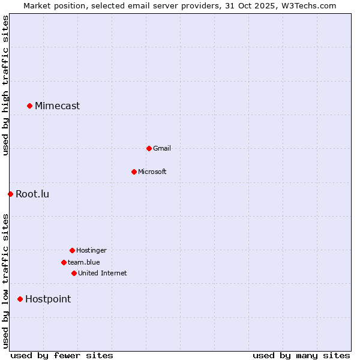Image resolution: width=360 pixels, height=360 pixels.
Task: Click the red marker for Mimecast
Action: pyautogui.click(x=29, y=106)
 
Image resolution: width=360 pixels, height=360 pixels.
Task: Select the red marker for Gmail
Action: pyautogui.click(x=149, y=148)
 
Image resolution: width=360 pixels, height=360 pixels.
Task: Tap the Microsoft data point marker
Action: pyautogui.click(x=134, y=172)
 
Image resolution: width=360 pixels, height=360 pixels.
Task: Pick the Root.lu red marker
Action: pyautogui.click(x=10, y=194)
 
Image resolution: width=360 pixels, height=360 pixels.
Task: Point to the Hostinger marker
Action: pyautogui.click(x=72, y=250)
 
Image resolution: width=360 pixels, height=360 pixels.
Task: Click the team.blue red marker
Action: pyautogui.click(x=64, y=262)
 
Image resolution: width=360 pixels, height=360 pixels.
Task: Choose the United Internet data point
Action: pyautogui.click(x=74, y=273)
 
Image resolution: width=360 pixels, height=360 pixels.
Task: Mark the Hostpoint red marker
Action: pyautogui.click(x=20, y=299)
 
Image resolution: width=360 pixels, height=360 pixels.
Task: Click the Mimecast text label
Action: pyautogui.click(x=57, y=106)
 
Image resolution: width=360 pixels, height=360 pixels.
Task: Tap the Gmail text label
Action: pyautogui.click(x=162, y=148)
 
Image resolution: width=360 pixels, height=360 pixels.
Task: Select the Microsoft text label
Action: pyautogui.click(x=152, y=172)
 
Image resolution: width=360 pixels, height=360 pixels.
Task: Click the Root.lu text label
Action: pyautogui.click(x=32, y=194)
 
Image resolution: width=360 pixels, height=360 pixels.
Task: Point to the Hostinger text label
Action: pyautogui.click(x=91, y=250)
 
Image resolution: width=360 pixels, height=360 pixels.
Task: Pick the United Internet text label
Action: pyautogui.click(x=103, y=273)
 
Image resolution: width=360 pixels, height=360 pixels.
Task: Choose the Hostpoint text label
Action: pyautogui.click(x=48, y=299)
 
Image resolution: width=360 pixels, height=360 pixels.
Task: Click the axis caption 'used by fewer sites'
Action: pyautogui.click(x=62, y=355)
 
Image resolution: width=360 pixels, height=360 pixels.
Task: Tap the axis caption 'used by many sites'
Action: pyautogui.click(x=301, y=355)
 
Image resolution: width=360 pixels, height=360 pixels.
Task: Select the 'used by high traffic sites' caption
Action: pyautogui.click(x=5, y=85)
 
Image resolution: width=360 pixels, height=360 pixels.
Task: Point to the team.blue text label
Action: pyautogui.click(x=84, y=262)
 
